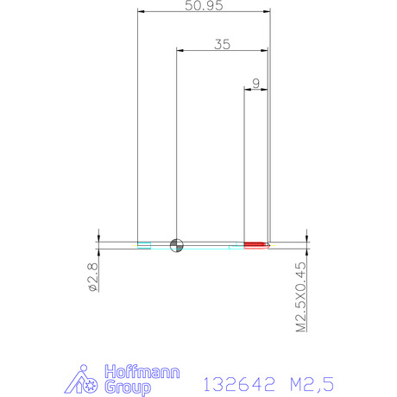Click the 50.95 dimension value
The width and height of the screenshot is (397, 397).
click(x=204, y=5)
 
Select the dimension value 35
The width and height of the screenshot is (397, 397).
click(x=223, y=44)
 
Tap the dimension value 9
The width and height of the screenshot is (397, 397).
click(x=255, y=84)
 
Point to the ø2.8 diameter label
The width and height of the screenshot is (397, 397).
click(x=93, y=277)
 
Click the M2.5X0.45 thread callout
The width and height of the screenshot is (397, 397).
click(x=301, y=297)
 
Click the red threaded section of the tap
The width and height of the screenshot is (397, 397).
click(x=255, y=245)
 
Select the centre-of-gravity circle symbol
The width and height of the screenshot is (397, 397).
click(x=177, y=245)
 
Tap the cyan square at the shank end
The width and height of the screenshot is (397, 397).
click(x=144, y=245)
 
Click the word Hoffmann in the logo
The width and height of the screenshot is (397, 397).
click(x=142, y=372)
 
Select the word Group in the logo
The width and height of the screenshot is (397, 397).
click(x=128, y=388)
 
